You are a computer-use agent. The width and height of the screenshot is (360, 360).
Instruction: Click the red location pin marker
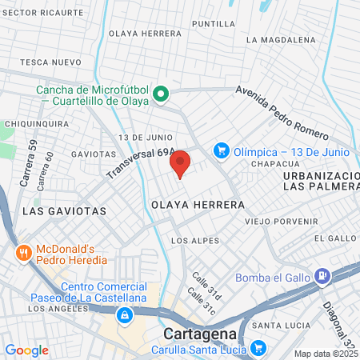point(180,162)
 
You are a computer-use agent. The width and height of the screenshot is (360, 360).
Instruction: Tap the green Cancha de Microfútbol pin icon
point(161,95)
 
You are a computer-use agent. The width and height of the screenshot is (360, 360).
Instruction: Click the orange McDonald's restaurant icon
point(24,254)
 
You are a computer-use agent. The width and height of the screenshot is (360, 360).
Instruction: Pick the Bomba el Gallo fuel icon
point(323,278)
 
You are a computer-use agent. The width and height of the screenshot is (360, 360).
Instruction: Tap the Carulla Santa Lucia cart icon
point(258,348)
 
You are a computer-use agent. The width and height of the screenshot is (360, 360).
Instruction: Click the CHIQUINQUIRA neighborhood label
point(37,124)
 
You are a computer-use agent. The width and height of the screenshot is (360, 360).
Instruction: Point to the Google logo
point(26,350)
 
